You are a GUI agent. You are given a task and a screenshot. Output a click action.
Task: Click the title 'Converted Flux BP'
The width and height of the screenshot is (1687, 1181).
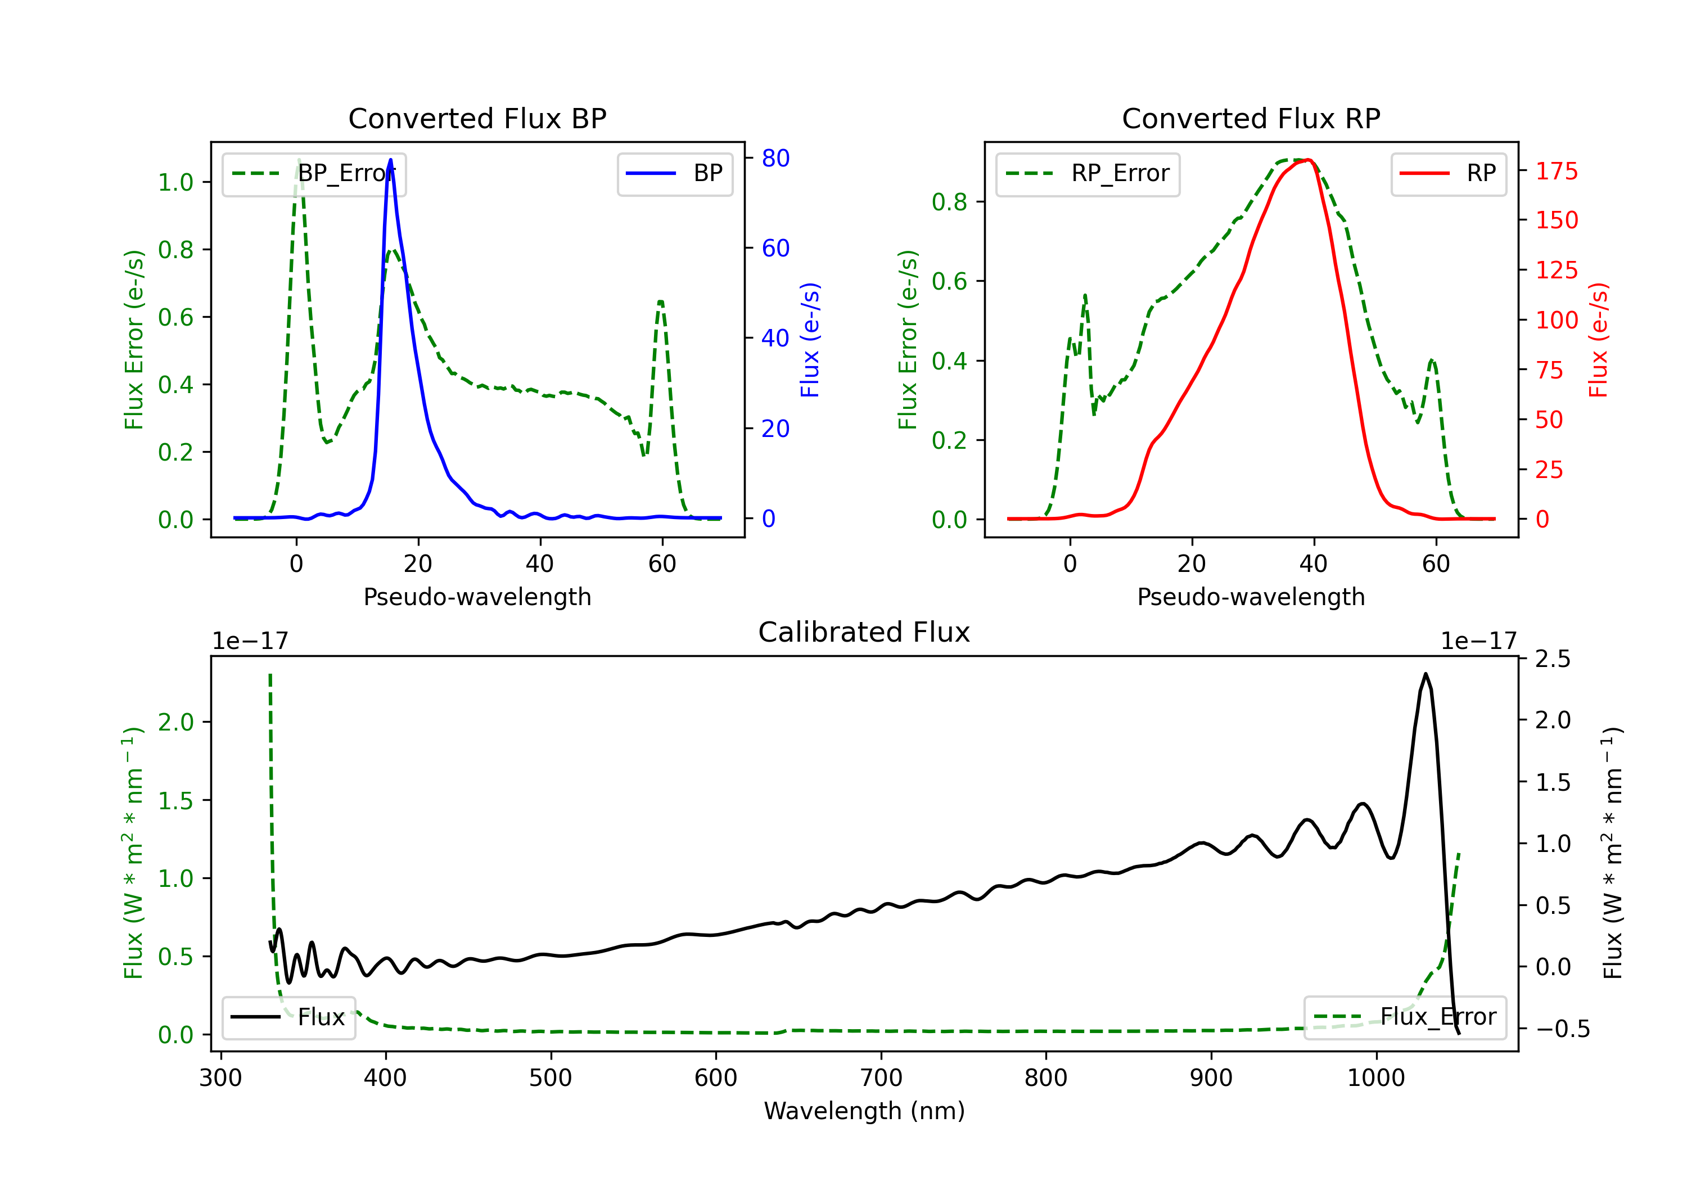(477, 118)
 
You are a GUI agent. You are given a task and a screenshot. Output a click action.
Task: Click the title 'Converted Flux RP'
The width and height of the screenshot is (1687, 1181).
(1251, 118)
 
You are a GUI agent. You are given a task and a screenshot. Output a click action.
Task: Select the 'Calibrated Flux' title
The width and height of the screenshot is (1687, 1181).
(864, 632)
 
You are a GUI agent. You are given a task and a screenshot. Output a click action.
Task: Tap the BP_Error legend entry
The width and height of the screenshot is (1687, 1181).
(314, 173)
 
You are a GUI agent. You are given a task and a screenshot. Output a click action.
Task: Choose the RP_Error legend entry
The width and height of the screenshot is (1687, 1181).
(1088, 173)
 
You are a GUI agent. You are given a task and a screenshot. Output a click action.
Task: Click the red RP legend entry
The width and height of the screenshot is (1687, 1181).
(1448, 173)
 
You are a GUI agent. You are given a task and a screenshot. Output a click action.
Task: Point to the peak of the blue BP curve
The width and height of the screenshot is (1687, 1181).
(390, 160)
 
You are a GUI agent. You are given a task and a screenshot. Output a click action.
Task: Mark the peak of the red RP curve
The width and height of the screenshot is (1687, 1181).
(1309, 160)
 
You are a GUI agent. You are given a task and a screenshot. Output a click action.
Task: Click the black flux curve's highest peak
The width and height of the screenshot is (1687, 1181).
(1426, 673)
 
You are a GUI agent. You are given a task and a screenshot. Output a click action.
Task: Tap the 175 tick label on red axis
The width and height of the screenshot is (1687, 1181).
(1556, 171)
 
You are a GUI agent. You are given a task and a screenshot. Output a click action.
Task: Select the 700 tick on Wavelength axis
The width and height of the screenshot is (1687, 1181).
(881, 1078)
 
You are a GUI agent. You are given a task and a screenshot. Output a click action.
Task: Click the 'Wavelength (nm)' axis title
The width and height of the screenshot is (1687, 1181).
(864, 1111)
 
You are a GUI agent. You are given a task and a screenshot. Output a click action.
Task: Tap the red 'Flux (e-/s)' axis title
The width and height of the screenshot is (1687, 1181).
(1598, 340)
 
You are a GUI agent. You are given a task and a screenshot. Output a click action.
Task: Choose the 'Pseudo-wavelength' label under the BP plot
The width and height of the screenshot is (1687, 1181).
(477, 597)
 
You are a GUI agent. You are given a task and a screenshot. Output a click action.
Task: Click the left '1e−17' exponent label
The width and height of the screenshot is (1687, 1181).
(250, 641)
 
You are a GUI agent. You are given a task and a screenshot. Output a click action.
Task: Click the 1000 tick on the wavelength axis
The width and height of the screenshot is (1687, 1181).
(1376, 1078)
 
